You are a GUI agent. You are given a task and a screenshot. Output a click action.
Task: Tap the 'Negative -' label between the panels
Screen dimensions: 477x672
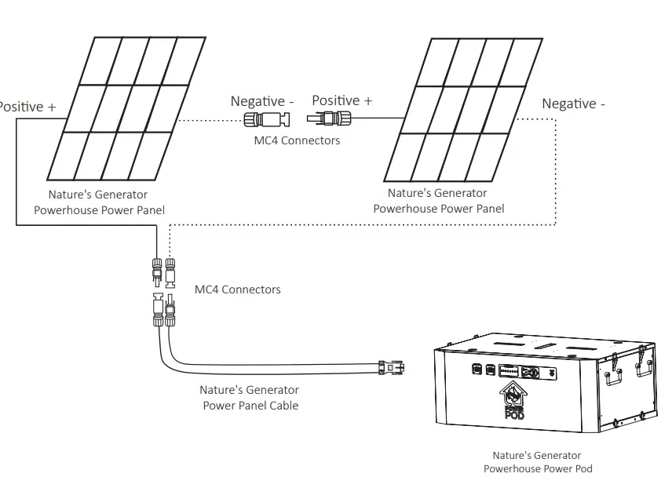(x=262, y=101)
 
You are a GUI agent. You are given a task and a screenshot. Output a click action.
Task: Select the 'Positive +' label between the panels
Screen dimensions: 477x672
(x=342, y=100)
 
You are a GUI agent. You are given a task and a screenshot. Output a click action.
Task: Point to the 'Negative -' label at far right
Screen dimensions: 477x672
(x=574, y=104)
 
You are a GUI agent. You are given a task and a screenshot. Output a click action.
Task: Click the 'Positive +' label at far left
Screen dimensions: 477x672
(x=27, y=107)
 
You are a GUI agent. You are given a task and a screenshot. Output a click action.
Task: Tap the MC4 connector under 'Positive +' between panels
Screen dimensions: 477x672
(x=333, y=119)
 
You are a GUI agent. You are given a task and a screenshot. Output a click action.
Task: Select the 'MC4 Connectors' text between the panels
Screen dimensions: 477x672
(x=297, y=140)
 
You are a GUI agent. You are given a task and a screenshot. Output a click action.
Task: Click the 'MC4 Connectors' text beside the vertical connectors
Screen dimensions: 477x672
(x=237, y=289)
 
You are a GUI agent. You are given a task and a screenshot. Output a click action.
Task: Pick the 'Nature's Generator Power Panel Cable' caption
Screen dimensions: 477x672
(x=250, y=398)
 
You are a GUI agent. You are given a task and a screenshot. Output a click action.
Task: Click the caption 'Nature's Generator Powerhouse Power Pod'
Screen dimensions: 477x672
(x=537, y=461)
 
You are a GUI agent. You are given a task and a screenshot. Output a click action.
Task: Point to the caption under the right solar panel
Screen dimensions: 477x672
(x=438, y=201)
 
